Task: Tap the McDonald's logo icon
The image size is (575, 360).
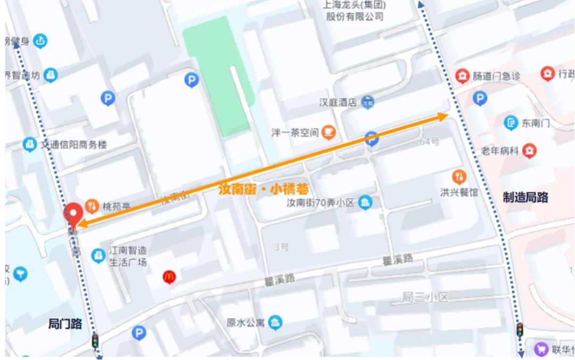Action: pos(169,276)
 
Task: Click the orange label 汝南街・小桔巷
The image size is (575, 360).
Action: pos(264,190)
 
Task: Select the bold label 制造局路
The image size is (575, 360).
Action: pos(525,198)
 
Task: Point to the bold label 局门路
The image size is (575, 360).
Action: pos(65,323)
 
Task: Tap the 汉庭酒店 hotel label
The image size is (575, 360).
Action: pos(338,102)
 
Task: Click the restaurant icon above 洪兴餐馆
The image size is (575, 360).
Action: pos(459,177)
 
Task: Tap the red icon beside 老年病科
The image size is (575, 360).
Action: pos(529,151)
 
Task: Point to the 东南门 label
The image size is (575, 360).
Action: pos(535,123)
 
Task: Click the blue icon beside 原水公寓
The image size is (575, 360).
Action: pos(275,322)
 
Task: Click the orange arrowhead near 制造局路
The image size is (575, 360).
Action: pos(443,117)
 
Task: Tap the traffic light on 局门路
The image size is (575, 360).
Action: pos(95,340)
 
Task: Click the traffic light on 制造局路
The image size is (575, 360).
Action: pos(520,330)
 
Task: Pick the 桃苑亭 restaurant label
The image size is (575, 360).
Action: pos(116,206)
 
